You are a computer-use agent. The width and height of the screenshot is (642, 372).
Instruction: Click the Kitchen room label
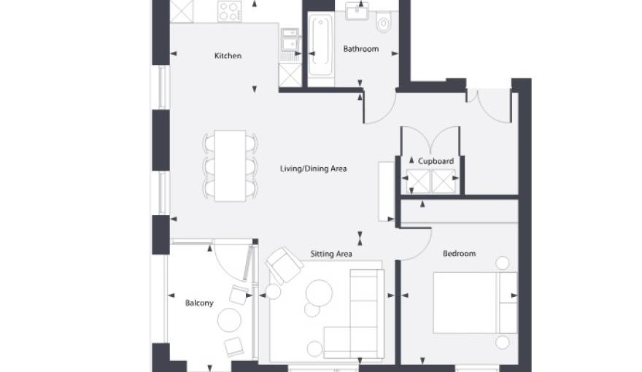coord(228,55)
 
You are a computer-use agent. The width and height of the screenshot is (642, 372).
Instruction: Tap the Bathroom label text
coord(360,49)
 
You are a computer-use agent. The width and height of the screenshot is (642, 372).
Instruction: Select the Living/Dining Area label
coord(313,168)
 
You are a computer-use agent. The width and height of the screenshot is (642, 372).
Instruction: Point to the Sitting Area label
coord(330,254)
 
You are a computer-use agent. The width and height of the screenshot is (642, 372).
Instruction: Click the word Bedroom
coord(459,254)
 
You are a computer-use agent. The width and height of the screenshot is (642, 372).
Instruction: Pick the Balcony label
coord(199,303)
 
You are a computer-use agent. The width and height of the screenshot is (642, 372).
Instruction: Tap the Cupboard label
coord(436,161)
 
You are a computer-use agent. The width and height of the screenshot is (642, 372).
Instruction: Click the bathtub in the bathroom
coord(320,45)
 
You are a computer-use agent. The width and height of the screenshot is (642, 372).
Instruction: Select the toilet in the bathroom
coord(383,22)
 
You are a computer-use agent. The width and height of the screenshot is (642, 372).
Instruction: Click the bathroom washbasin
coord(357,11)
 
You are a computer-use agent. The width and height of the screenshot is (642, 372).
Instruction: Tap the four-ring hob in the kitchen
coord(230,11)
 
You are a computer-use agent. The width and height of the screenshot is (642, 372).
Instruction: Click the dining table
coord(230,166)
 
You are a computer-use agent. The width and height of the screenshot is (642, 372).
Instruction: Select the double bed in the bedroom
coord(476,303)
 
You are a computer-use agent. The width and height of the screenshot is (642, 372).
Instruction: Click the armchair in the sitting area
coord(285,266)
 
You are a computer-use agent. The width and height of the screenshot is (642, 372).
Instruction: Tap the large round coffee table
coord(319,293)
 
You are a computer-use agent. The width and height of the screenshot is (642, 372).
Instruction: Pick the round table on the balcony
coord(229,320)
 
